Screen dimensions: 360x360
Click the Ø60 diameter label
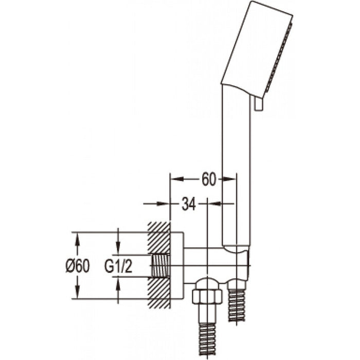(x=78, y=266)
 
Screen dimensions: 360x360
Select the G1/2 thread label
(x=118, y=266)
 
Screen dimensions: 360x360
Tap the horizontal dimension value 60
(x=208, y=179)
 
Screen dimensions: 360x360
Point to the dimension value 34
(x=189, y=204)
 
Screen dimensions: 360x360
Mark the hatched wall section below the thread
(x=159, y=293)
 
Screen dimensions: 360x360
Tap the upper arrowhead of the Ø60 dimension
(x=78, y=238)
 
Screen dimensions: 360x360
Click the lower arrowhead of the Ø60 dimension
(x=78, y=294)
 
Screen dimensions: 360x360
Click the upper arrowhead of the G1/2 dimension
(x=118, y=249)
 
